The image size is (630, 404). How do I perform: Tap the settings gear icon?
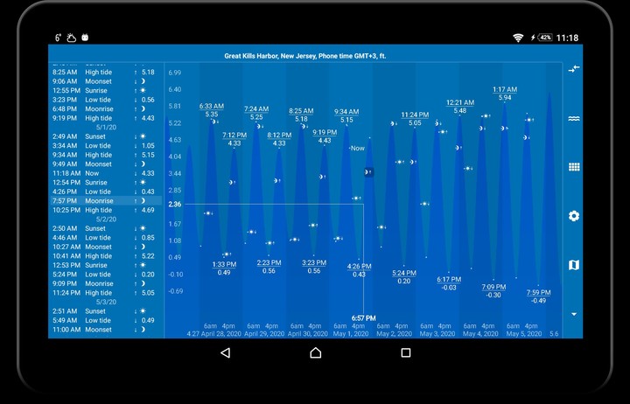(574, 216)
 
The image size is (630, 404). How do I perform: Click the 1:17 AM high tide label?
(505, 89)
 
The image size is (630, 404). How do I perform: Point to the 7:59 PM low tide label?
(538, 293)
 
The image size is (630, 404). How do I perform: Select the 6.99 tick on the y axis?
(175, 73)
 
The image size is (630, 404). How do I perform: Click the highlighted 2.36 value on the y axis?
(175, 205)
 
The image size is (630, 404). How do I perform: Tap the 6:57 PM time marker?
(363, 318)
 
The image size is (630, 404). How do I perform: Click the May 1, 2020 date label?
(349, 333)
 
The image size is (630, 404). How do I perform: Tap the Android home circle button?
(315, 352)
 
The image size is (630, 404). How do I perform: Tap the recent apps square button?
(406, 352)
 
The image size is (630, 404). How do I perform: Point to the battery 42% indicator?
(545, 38)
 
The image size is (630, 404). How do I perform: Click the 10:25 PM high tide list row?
(105, 210)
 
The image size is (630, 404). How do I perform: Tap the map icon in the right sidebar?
(574, 265)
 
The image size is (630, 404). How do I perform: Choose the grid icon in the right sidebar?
(574, 167)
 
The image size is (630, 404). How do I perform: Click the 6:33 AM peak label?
(212, 107)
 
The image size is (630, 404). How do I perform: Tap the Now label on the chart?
(357, 149)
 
